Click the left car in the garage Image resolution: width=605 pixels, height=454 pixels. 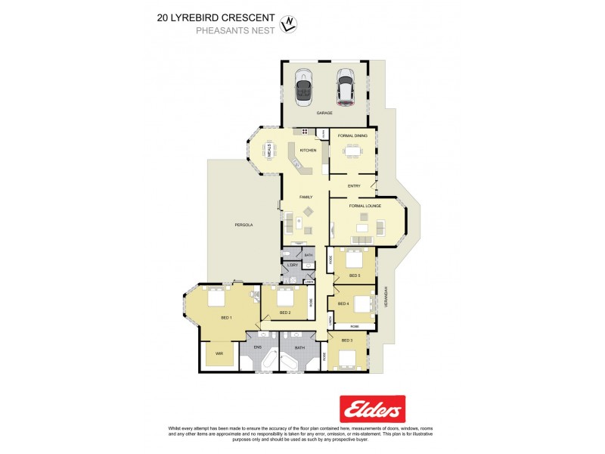tap(304, 88)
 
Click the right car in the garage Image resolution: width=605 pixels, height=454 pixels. tap(346, 88)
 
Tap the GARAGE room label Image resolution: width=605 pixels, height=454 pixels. tap(324, 113)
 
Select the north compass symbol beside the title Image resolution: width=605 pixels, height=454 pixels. tap(287, 24)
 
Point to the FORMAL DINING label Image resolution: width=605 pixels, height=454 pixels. tap(352, 135)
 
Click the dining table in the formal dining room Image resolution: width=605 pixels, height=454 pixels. tap(352, 151)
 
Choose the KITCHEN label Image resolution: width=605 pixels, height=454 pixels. tap(308, 151)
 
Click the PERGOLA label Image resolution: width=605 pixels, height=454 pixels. tap(243, 225)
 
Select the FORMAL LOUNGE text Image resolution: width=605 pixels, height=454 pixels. tap(365, 206)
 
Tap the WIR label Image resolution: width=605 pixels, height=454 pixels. tap(219, 353)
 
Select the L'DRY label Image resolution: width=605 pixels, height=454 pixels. tap(292, 265)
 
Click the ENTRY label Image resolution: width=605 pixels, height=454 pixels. tap(354, 186)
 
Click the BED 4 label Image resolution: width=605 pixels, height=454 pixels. tap(343, 303)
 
